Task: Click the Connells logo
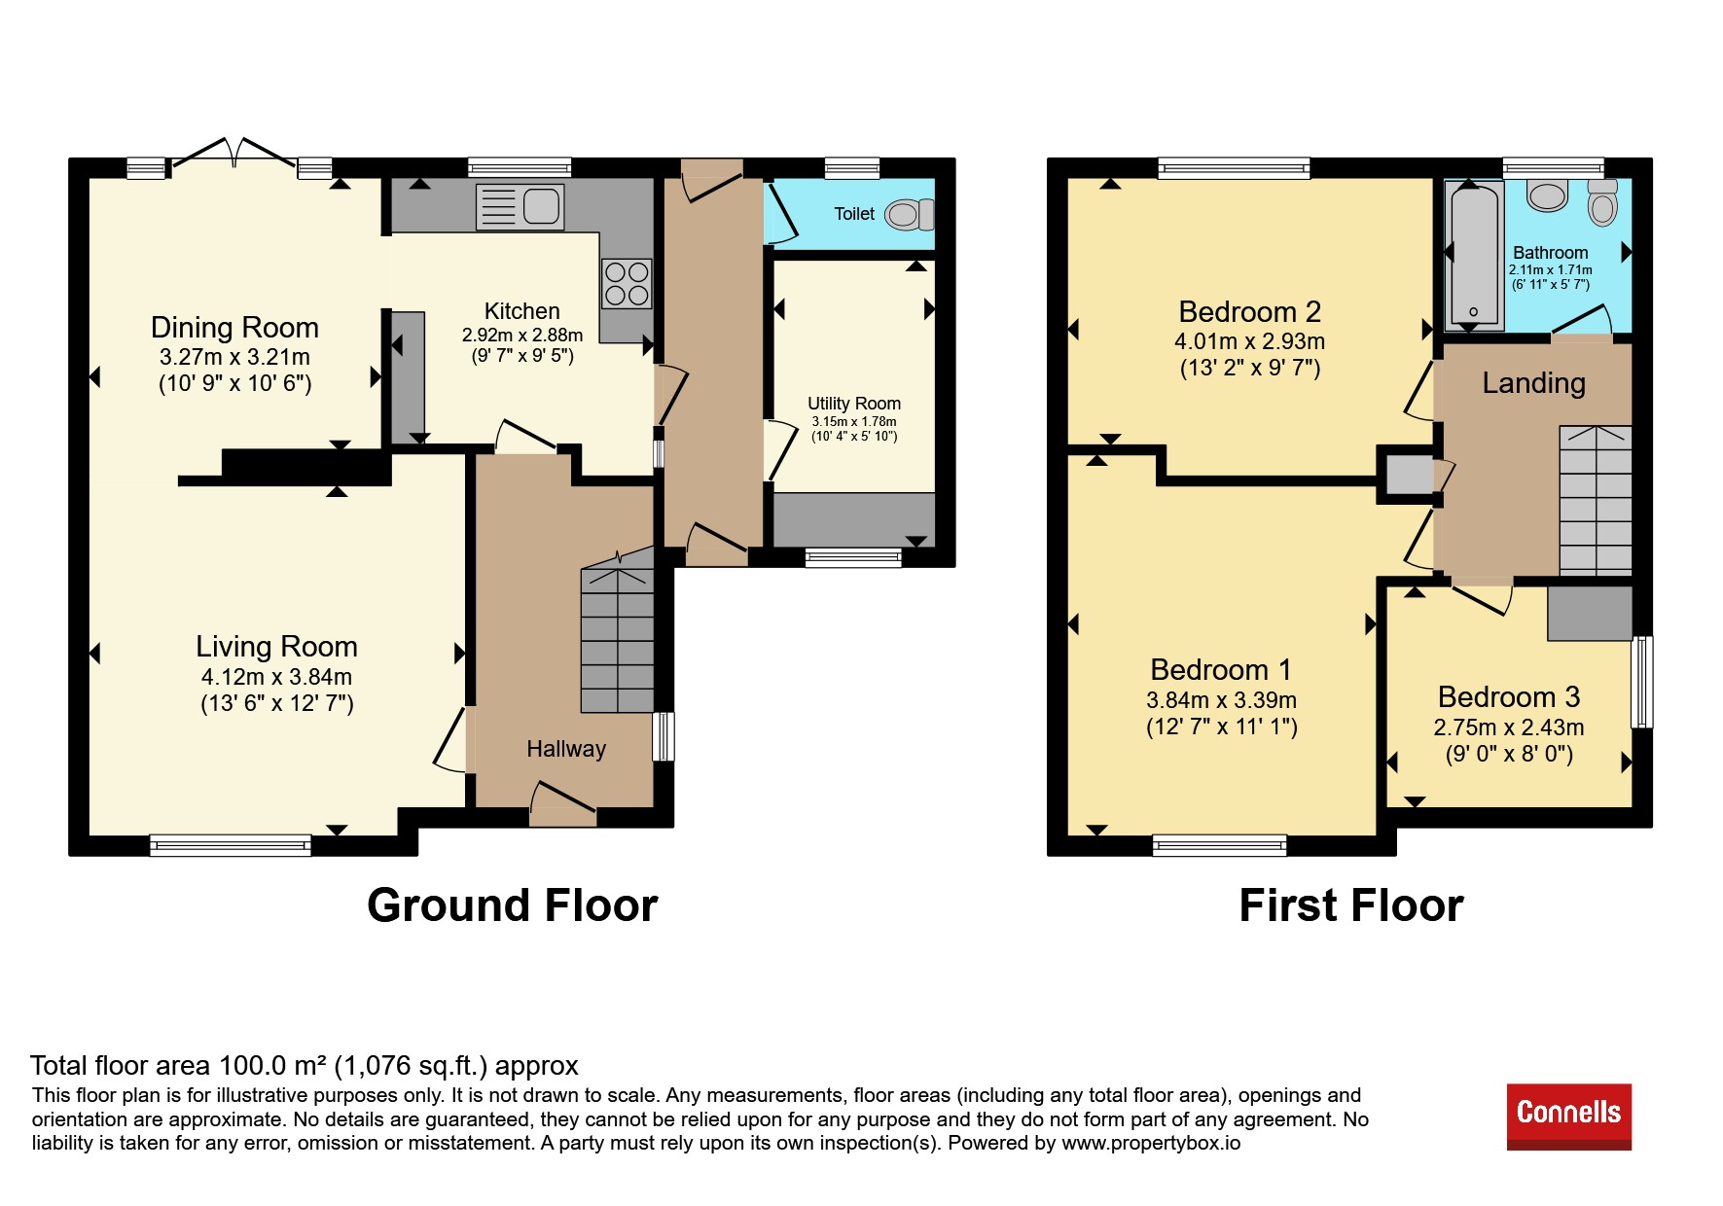coord(1568,1116)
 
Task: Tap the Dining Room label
coord(234,328)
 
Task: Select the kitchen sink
coord(520,207)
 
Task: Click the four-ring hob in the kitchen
coord(627,282)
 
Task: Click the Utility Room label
coord(854,404)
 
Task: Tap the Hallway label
coord(566,749)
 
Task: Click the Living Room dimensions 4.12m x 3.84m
coord(277,677)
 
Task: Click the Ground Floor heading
coord(513,905)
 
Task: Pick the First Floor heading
coord(1351,905)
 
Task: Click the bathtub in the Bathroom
coord(1474,255)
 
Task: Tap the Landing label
coord(1534,383)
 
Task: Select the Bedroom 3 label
coord(1509,697)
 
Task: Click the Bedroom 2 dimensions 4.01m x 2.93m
coord(1250,341)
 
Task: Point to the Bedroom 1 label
coord(1221,670)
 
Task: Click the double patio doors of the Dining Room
coord(233,156)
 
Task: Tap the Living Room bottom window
coord(231,845)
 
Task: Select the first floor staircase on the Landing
coord(1596,500)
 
